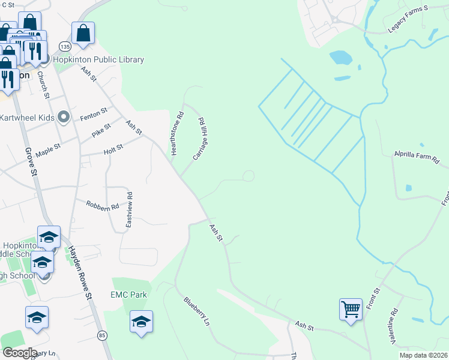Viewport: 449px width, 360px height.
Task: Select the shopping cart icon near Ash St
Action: (351, 310)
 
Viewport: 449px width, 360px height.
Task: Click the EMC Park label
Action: (128, 295)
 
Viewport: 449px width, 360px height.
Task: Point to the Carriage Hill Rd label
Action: (200, 138)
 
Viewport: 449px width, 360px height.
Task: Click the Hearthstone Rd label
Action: (176, 133)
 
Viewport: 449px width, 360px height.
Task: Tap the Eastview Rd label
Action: (128, 209)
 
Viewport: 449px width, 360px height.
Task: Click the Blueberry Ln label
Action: (197, 311)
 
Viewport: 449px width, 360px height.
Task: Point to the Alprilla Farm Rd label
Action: (417, 158)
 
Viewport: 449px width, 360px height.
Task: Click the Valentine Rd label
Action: (394, 326)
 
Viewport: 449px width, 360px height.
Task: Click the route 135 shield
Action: (65, 46)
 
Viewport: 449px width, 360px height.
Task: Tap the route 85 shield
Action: (102, 335)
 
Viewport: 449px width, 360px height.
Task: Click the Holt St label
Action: (113, 146)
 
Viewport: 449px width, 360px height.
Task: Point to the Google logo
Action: (20, 353)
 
